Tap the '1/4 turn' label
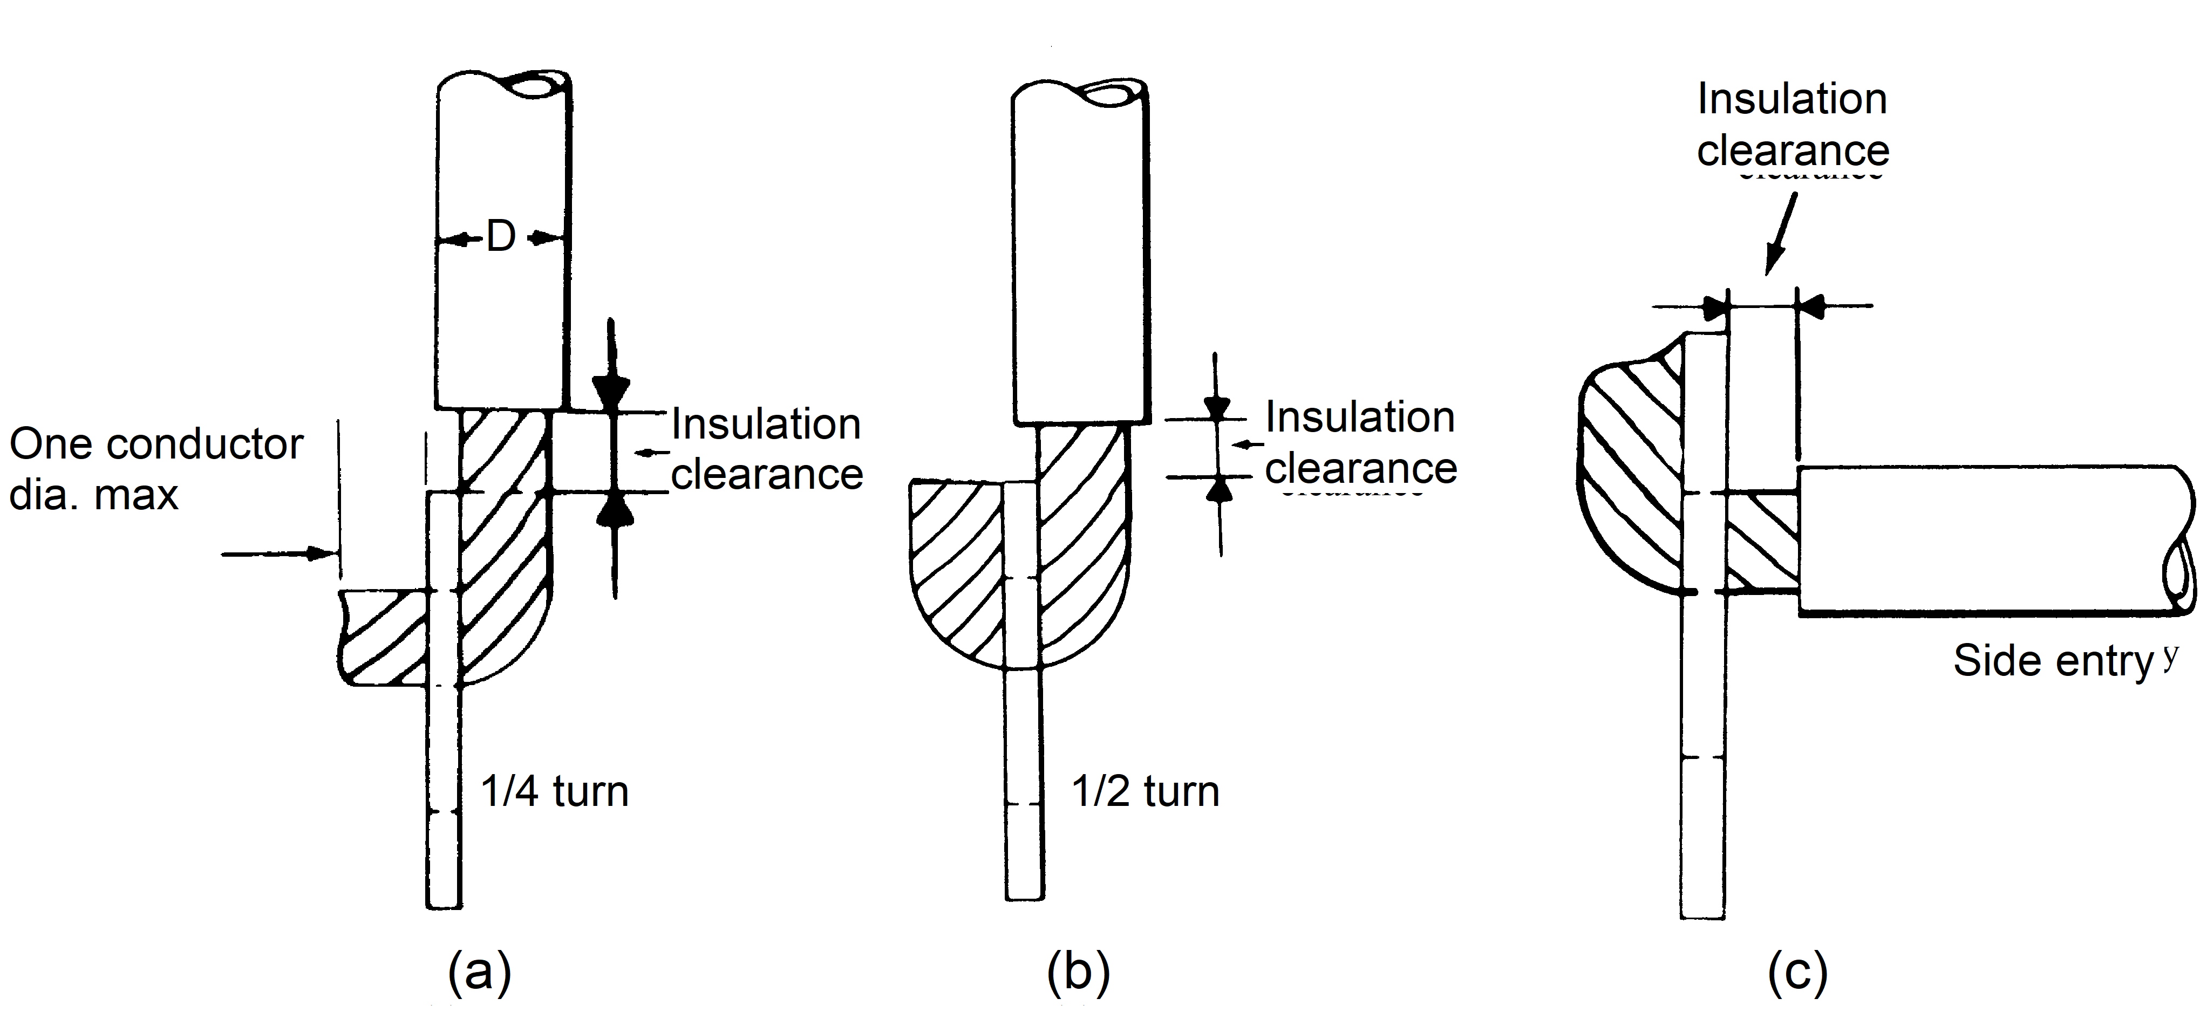click(x=554, y=791)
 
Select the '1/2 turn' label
click(x=1145, y=791)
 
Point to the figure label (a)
click(x=480, y=971)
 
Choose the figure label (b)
click(x=1078, y=971)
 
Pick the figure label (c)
click(x=1797, y=971)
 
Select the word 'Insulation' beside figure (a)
click(x=765, y=424)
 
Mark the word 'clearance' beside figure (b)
click(x=1360, y=468)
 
